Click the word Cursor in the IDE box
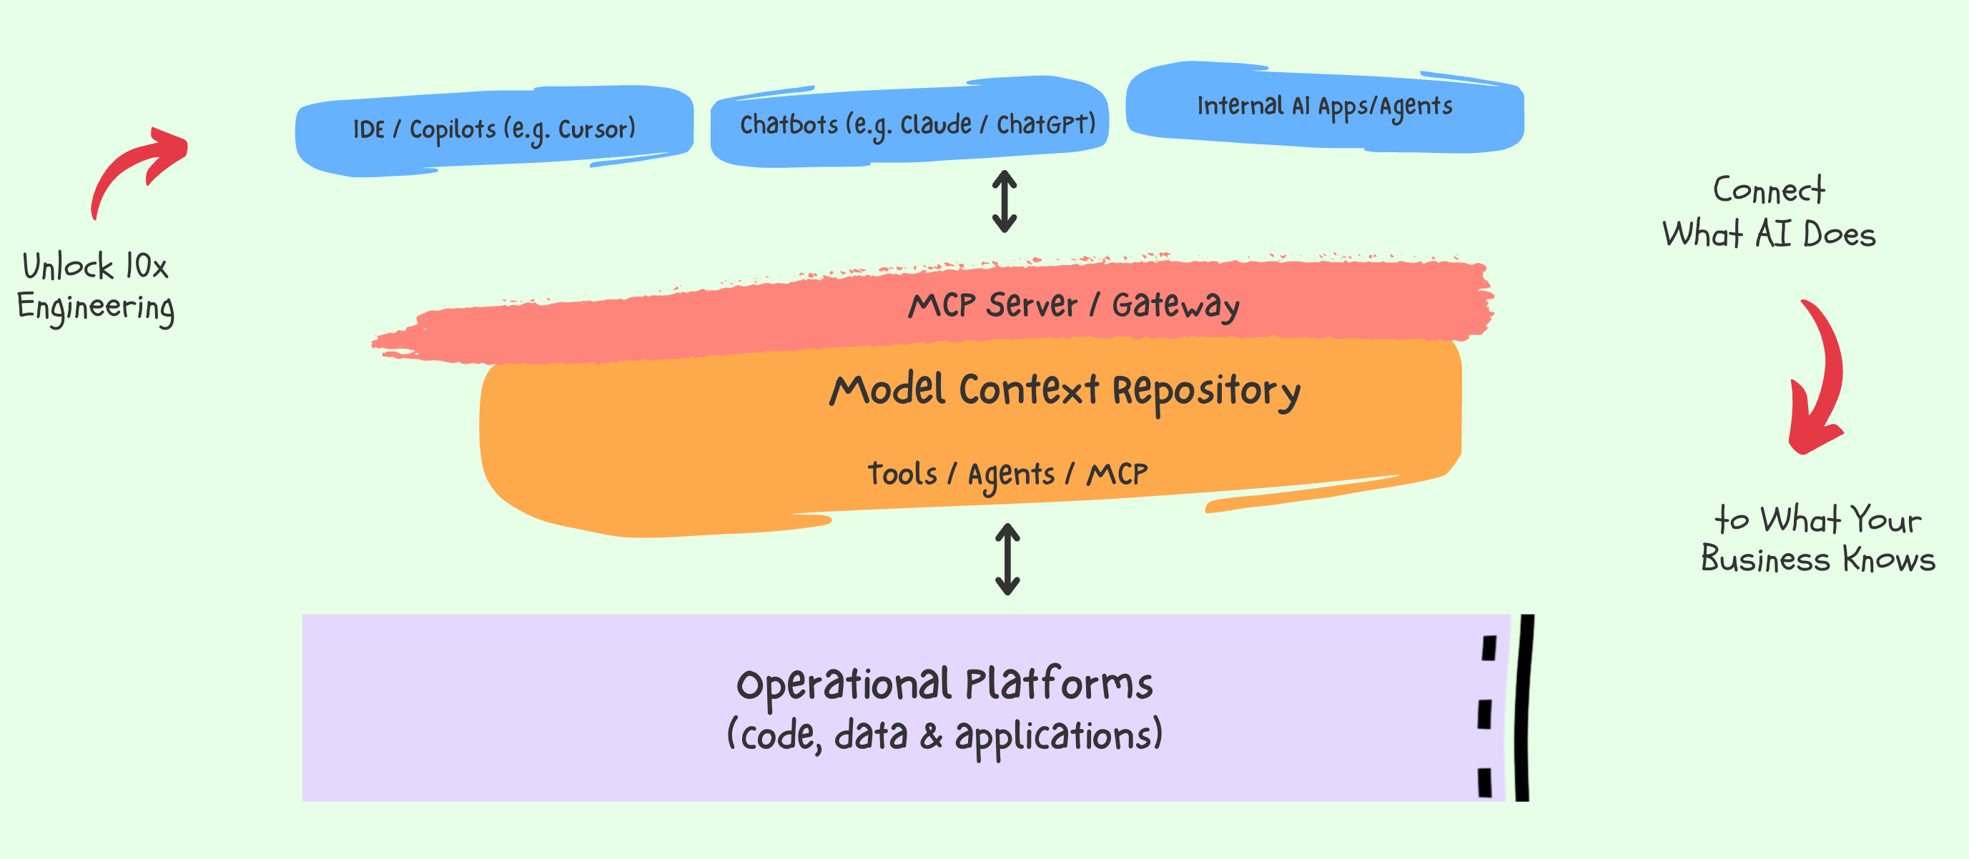pyautogui.click(x=596, y=129)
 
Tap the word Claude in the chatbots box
pyautogui.click(x=936, y=124)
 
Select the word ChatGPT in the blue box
pyautogui.click(x=1046, y=124)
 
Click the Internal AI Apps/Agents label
pyautogui.click(x=1325, y=106)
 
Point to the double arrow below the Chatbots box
pyautogui.click(x=1005, y=201)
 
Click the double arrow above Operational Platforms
pyautogui.click(x=1007, y=559)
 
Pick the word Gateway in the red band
pyautogui.click(x=1175, y=305)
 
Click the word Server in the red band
pyautogui.click(x=1032, y=305)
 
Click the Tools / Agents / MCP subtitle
pyautogui.click(x=1007, y=475)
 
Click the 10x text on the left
pyautogui.click(x=147, y=266)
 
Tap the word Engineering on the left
pyautogui.click(x=97, y=308)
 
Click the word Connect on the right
pyautogui.click(x=1769, y=190)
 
